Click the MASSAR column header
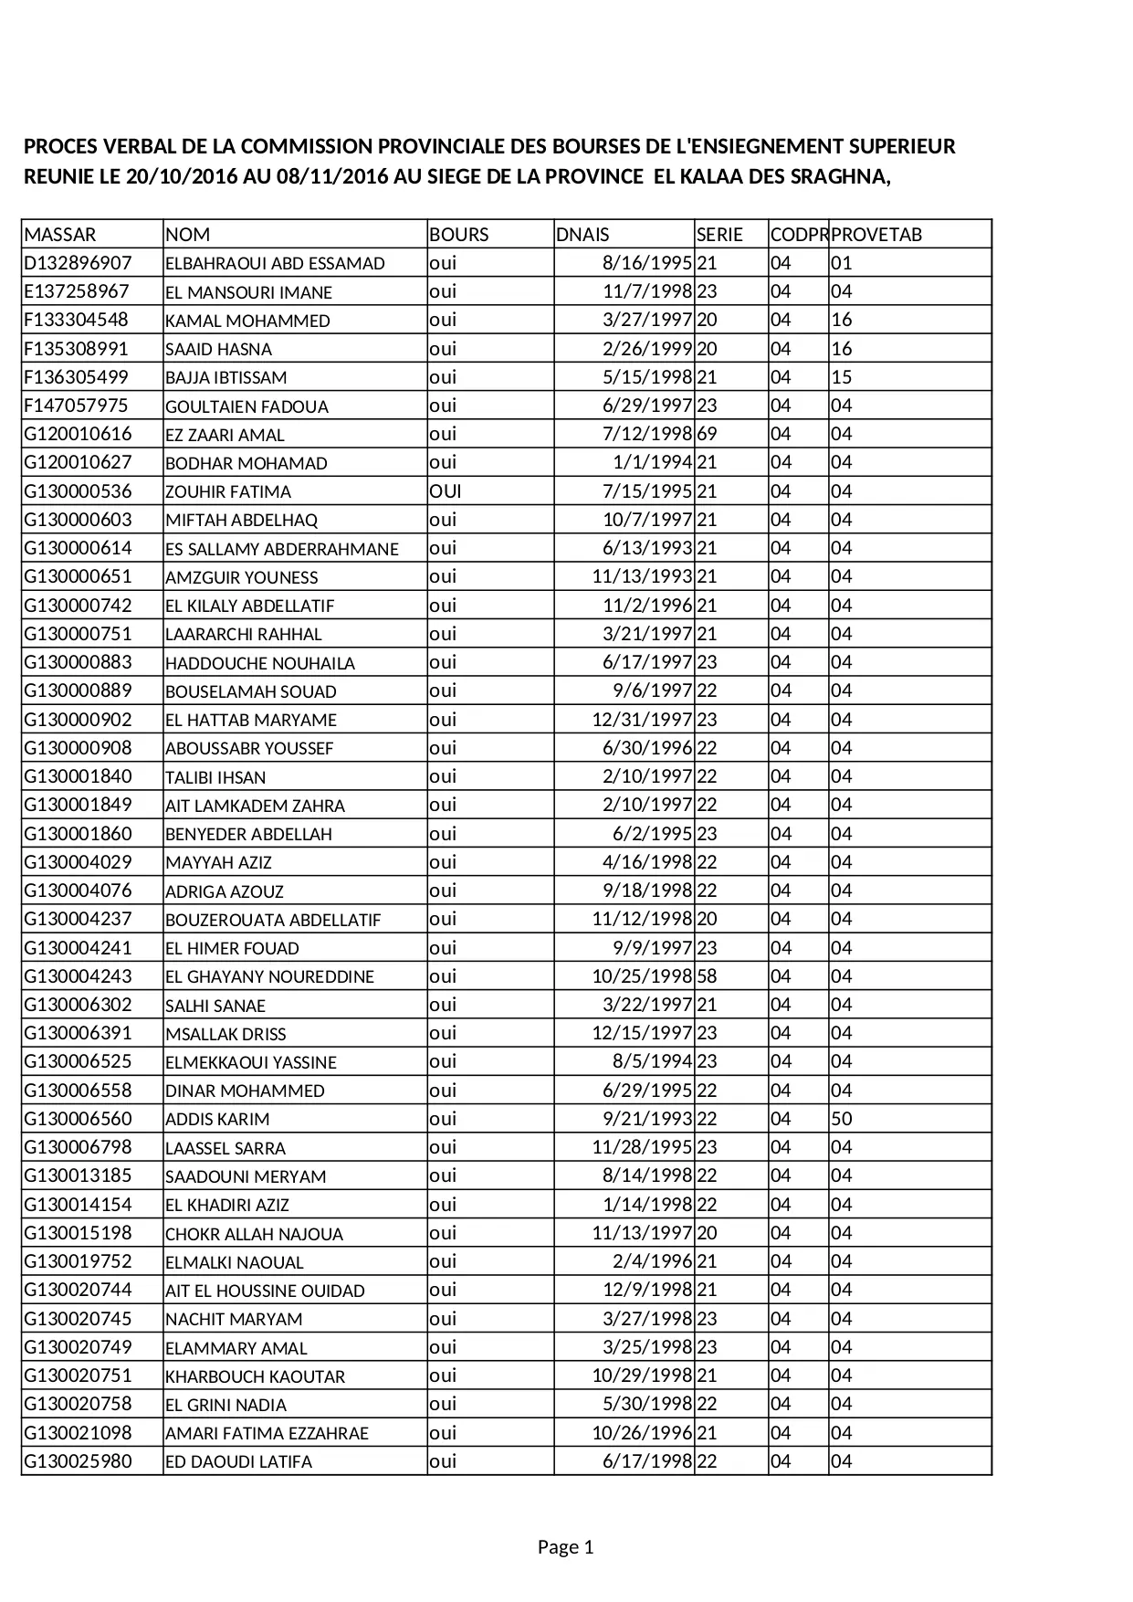[59, 235]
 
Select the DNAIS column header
[582, 235]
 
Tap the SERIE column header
[719, 235]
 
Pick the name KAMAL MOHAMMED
[247, 321]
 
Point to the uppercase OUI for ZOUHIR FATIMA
[446, 491]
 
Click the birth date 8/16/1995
[647, 263]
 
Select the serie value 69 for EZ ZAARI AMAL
[708, 434]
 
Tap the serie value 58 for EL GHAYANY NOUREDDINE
[708, 976]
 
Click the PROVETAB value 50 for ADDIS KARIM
[842, 1119]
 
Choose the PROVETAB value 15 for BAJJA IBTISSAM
[842, 377]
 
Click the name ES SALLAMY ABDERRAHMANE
[282, 549]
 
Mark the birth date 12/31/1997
[642, 720]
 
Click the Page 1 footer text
[566, 1547]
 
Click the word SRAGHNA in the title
[841, 176]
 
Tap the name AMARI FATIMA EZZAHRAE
[267, 1433]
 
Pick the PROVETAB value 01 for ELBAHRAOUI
[842, 263]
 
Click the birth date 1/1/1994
[653, 462]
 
